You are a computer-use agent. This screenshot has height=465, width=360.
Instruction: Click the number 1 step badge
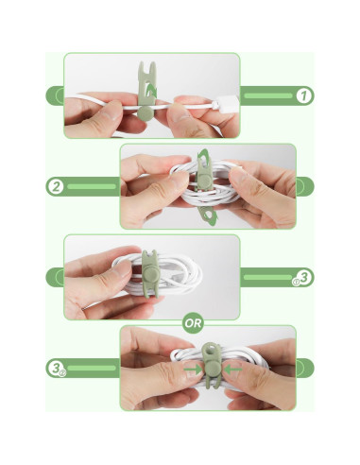(303, 95)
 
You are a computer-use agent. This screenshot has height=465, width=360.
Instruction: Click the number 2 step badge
(57, 186)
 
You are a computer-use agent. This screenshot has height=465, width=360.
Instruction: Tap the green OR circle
(193, 323)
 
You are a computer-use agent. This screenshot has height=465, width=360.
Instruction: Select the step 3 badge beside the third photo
(304, 277)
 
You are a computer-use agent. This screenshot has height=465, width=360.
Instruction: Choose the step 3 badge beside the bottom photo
(57, 368)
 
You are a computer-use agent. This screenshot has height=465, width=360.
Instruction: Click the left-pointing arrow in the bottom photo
(233, 369)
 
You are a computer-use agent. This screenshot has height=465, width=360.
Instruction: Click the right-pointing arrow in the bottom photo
(193, 369)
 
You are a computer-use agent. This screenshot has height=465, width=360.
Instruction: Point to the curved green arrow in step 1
(152, 91)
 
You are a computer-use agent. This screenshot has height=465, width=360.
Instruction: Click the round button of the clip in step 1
(145, 112)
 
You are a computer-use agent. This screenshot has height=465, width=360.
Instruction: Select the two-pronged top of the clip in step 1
(146, 70)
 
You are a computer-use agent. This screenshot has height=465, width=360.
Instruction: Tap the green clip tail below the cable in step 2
(208, 215)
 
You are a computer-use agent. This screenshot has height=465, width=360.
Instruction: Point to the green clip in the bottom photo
(210, 366)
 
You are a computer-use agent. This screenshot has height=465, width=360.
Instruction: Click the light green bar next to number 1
(268, 95)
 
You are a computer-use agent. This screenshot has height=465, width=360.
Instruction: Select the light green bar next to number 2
(92, 186)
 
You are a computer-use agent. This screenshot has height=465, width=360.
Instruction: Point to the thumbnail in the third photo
(122, 268)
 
